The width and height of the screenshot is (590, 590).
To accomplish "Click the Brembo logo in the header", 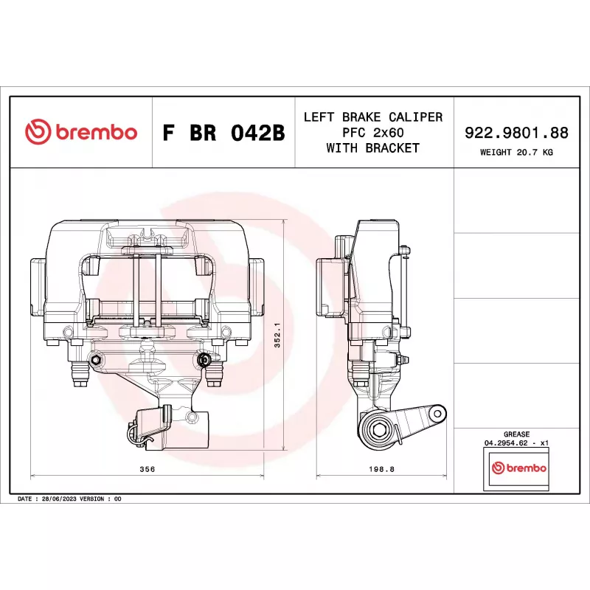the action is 81,132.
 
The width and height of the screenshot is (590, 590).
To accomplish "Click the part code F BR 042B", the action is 223,133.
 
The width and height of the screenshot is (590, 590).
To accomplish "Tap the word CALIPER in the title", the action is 415,117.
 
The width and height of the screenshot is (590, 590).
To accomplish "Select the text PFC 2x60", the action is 373,133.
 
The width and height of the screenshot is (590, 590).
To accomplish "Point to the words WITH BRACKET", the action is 373,148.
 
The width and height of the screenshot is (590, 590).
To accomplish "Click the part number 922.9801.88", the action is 516,133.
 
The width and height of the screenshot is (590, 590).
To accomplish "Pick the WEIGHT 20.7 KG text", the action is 516,153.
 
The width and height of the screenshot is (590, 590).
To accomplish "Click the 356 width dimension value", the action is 147,469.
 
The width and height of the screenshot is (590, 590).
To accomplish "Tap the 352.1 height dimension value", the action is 277,335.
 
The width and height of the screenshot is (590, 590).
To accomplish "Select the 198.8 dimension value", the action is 381,469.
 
